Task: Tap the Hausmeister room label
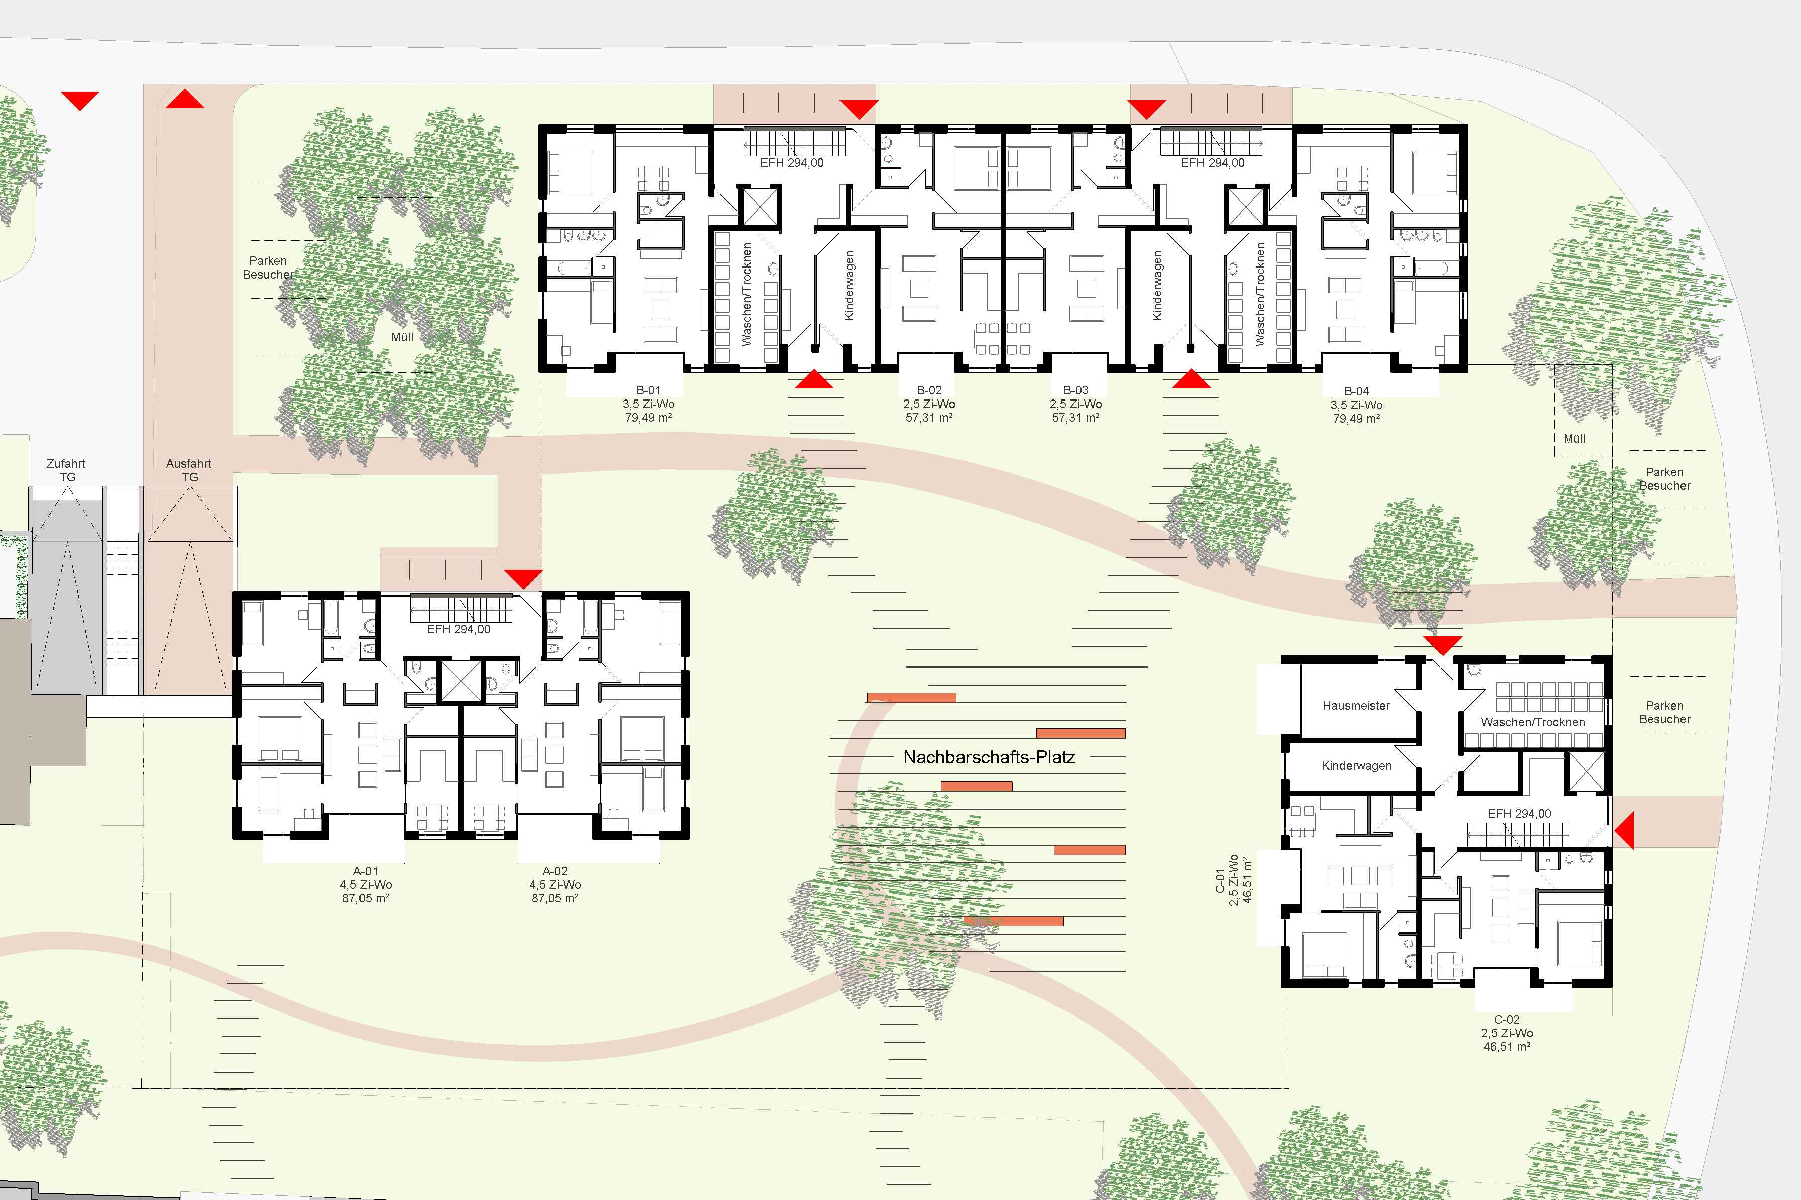pyautogui.click(x=1356, y=706)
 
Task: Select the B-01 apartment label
pyautogui.click(x=648, y=390)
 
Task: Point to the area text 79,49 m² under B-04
pyautogui.click(x=1356, y=419)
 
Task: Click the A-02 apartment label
pyautogui.click(x=555, y=871)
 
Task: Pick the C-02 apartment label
pyautogui.click(x=1506, y=1019)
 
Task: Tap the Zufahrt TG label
pyautogui.click(x=67, y=470)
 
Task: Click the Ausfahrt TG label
pyautogui.click(x=189, y=470)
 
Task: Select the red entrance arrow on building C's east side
pyautogui.click(x=1623, y=830)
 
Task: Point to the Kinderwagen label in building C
pyautogui.click(x=1356, y=765)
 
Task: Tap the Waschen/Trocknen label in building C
pyautogui.click(x=1532, y=722)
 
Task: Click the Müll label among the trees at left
pyautogui.click(x=402, y=337)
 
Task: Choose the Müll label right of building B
pyautogui.click(x=1575, y=439)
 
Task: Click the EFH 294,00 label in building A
pyautogui.click(x=458, y=629)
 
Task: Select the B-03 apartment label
pyautogui.click(x=1075, y=390)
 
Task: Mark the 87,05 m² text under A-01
pyautogui.click(x=366, y=898)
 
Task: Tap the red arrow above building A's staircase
pyautogui.click(x=524, y=579)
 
